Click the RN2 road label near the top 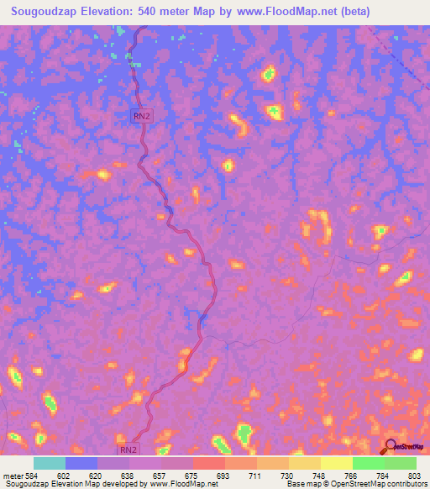141,117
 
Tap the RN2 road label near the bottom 127,450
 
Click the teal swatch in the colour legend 50,463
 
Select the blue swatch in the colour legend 81,463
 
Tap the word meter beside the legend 13,475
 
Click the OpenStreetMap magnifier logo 391,447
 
